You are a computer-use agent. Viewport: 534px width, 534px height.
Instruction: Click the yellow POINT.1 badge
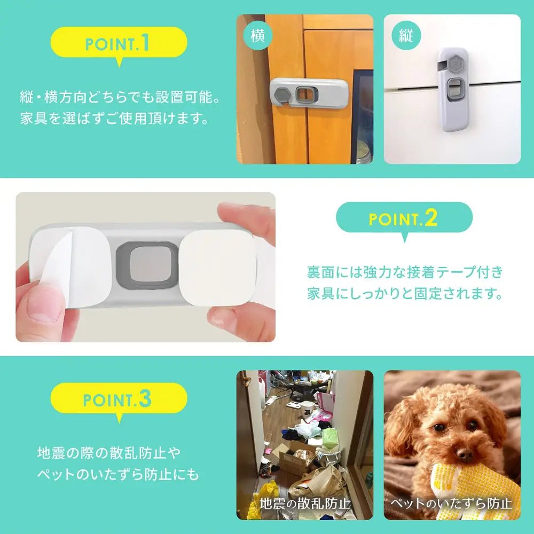119,43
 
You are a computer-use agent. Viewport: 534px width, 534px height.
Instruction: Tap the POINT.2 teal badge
404,218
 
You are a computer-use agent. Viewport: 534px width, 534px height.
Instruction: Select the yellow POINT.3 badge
119,399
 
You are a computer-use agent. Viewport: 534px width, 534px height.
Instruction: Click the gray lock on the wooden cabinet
306,95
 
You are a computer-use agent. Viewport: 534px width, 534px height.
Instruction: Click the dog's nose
465,455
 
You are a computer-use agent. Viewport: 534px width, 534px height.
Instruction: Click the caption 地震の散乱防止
305,503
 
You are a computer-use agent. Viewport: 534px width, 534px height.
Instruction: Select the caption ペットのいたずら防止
452,503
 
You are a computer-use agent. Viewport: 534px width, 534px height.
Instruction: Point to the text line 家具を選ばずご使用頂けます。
114,118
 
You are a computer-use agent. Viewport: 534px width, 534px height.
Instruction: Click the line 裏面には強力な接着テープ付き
405,272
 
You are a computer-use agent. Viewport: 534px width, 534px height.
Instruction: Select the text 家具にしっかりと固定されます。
405,293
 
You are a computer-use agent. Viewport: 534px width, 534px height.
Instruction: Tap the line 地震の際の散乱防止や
109,453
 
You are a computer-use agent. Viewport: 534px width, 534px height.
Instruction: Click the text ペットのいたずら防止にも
118,474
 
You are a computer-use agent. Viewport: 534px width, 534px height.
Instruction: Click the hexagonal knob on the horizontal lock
282,95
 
